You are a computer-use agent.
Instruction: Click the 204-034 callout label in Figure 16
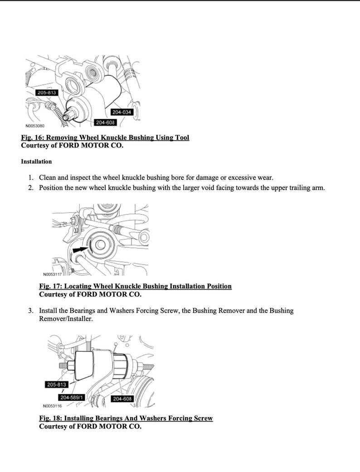[x=121, y=112]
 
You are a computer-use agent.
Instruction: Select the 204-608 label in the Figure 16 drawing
[x=105, y=123]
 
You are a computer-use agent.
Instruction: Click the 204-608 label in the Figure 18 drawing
[x=122, y=399]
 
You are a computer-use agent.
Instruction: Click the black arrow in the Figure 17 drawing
[x=79, y=249]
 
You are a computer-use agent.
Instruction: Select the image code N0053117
[x=52, y=275]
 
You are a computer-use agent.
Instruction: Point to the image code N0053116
[x=52, y=406]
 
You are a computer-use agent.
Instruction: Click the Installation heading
[x=36, y=162]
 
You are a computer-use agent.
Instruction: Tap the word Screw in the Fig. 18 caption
[x=203, y=418]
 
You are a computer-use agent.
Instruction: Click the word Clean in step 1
[x=48, y=177]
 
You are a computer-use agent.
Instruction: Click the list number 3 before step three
[x=30, y=311]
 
